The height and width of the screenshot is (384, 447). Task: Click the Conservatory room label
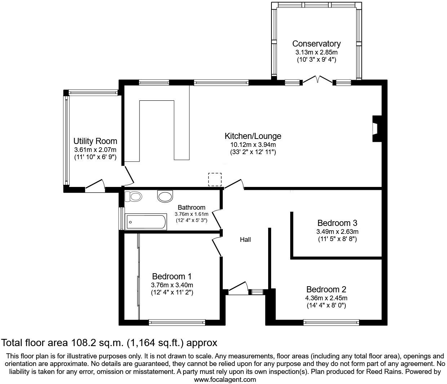pos(316,44)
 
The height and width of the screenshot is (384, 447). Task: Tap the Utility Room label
pos(95,141)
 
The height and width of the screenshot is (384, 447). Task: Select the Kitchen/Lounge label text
pos(253,136)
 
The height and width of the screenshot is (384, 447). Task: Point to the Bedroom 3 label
pos(337,223)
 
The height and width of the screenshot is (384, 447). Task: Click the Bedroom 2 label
pos(326,289)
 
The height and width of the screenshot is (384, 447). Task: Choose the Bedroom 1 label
pos(172,276)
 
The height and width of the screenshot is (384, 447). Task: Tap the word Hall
pos(245,239)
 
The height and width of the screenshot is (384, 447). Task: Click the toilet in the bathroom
pos(133,197)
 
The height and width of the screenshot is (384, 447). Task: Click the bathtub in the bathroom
pos(146,222)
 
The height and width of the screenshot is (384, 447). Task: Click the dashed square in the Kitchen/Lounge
pos(215,179)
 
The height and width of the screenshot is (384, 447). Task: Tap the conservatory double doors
pos(317,80)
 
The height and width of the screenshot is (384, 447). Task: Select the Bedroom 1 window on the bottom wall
pos(177,322)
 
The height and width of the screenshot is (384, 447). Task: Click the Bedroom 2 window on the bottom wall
pos(331,322)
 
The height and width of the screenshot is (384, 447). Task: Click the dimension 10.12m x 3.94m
pos(253,145)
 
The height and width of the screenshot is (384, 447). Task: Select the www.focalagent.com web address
pos(225,379)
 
